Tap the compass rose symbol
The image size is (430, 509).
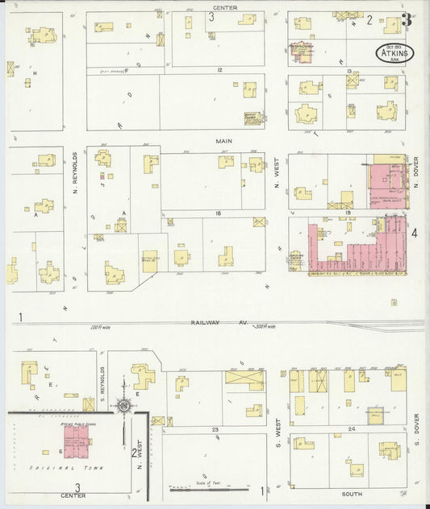[123, 405]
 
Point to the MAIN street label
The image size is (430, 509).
[223, 140]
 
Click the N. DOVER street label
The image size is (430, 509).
[416, 172]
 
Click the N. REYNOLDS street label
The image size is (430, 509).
[74, 175]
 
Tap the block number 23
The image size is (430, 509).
[215, 430]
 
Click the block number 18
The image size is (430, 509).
[218, 212]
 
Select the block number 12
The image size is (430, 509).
[219, 70]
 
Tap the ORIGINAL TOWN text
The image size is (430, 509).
[63, 467]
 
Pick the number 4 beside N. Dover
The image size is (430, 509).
[414, 233]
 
